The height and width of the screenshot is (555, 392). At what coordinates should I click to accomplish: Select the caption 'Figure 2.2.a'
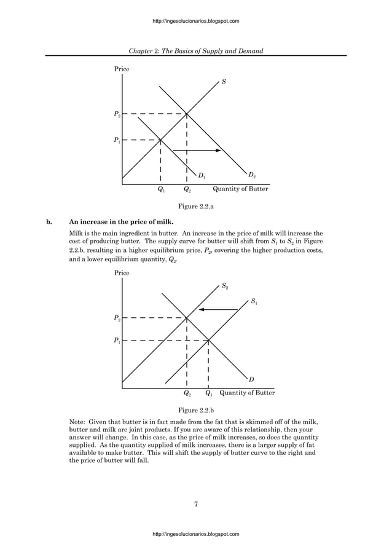pos(195,207)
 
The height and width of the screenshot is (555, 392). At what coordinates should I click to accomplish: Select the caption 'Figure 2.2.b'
pos(195,409)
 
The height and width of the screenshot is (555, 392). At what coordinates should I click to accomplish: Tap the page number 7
pos(195,505)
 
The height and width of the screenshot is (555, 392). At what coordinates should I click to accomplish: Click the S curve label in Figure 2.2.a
pos(224,82)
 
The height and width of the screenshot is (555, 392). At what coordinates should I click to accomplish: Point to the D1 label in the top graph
pos(202,176)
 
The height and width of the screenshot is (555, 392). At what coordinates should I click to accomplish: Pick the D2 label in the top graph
pos(253,176)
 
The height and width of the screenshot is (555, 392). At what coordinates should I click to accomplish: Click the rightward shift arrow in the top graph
pos(192,151)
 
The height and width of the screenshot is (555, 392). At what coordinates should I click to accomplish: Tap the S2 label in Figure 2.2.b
pos(225,286)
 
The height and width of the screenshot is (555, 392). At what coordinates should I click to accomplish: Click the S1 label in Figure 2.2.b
pos(254,301)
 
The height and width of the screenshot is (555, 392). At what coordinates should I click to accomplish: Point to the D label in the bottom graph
pos(252,379)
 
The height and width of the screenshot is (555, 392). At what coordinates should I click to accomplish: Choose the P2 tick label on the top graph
pos(117,114)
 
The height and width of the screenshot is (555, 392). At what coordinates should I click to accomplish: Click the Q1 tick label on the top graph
pos(161,190)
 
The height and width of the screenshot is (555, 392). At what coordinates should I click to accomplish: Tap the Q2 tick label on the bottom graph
pos(187,393)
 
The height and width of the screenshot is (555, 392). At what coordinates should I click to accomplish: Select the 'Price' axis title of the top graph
pos(122,69)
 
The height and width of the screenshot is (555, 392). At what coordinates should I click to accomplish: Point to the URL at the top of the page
pos(195,22)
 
